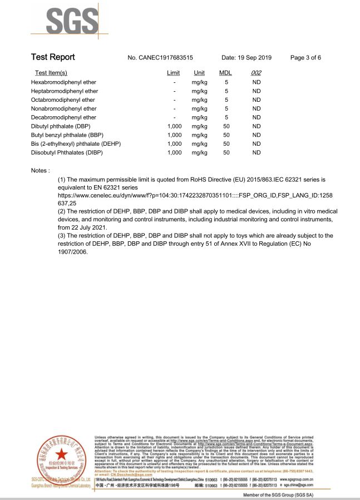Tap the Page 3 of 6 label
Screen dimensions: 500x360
tap(305, 58)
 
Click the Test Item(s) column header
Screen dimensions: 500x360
tap(51, 73)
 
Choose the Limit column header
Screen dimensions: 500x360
tap(173, 73)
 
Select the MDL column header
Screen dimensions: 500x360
tap(225, 73)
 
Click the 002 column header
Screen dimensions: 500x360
tap(256, 73)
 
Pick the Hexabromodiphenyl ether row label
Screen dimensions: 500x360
tap(63, 82)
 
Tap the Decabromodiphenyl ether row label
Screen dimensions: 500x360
tap(63, 117)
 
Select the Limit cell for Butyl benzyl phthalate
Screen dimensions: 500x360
tap(174, 135)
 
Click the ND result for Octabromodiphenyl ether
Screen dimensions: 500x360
tap(257, 100)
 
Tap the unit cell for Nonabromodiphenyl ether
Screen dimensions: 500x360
tap(199, 108)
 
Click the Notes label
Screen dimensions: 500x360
tap(41, 170)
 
